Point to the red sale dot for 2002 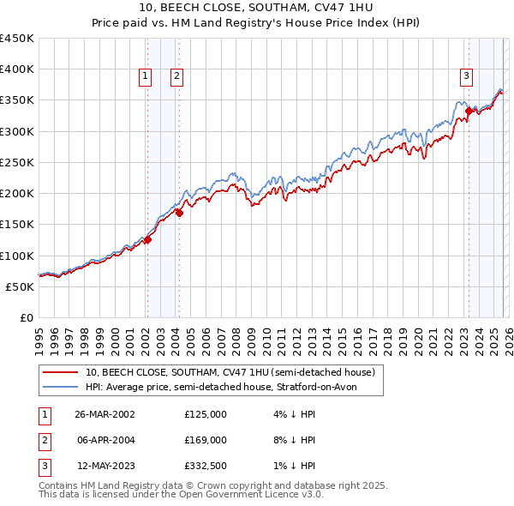(x=147, y=240)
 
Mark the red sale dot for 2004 (x=179, y=213)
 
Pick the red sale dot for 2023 (x=469, y=111)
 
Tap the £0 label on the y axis (x=26, y=317)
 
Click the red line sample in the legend (x=61, y=373)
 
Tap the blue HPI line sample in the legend (x=61, y=388)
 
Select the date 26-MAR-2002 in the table (x=105, y=414)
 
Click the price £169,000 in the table (x=206, y=440)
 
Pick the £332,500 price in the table (x=206, y=466)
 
